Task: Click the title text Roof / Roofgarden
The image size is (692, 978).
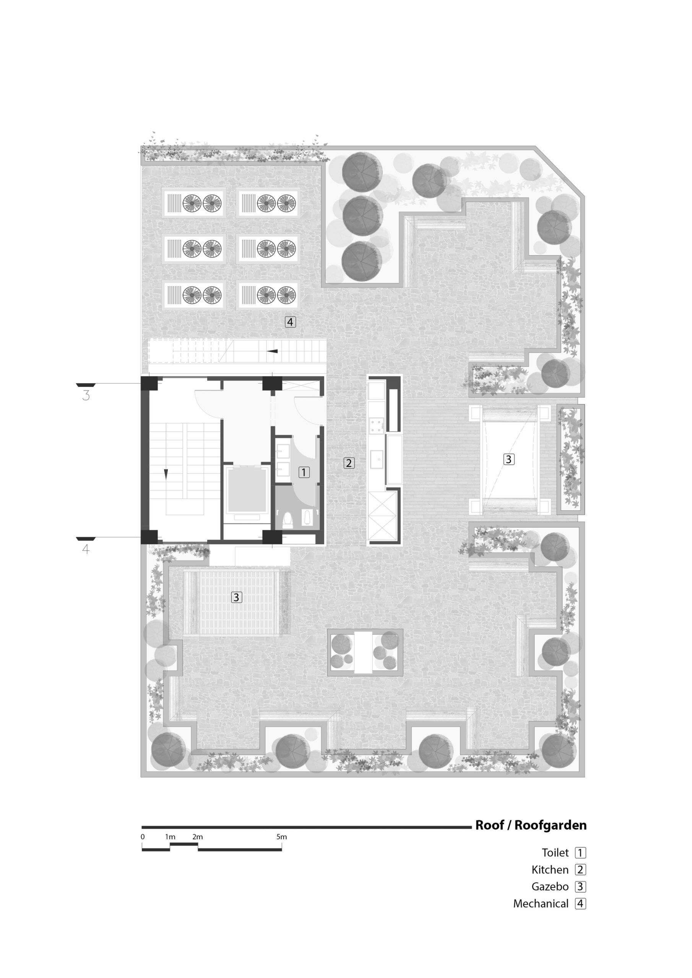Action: pos(531,825)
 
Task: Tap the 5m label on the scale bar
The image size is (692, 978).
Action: pos(281,837)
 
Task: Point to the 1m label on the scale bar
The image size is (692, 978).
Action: pos(170,837)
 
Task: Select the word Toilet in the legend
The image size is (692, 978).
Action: pos(555,853)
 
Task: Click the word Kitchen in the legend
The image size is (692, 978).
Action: pos(550,870)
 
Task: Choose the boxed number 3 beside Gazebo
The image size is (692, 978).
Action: pos(580,887)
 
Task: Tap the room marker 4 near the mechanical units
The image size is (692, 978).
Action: pos(290,322)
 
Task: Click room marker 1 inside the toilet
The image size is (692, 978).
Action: pos(304,473)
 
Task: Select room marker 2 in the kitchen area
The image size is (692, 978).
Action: pos(349,463)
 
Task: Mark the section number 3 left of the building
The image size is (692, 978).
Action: pos(86,396)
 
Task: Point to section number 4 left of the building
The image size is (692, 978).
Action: pos(86,549)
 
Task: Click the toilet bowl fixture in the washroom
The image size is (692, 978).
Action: pos(288,520)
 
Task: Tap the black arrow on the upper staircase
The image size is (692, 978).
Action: pos(272,351)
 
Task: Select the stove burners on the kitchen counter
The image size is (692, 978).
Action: pos(376,426)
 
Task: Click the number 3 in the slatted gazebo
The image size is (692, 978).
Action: pos(236,597)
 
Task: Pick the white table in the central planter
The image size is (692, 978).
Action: pos(363,653)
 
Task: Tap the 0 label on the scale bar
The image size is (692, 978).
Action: pos(143,837)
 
